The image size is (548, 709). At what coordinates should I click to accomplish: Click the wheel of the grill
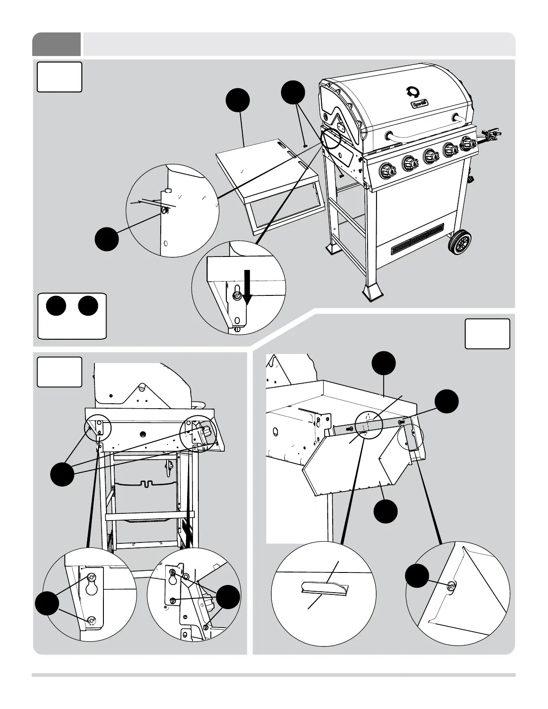point(460,243)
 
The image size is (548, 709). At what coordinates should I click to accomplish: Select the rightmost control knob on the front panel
point(468,144)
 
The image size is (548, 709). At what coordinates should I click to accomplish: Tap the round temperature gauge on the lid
point(411,91)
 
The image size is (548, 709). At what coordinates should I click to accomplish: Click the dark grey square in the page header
point(56,44)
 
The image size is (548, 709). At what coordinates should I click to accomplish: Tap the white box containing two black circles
point(72,316)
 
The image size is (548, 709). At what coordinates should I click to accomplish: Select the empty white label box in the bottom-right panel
point(487,333)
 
